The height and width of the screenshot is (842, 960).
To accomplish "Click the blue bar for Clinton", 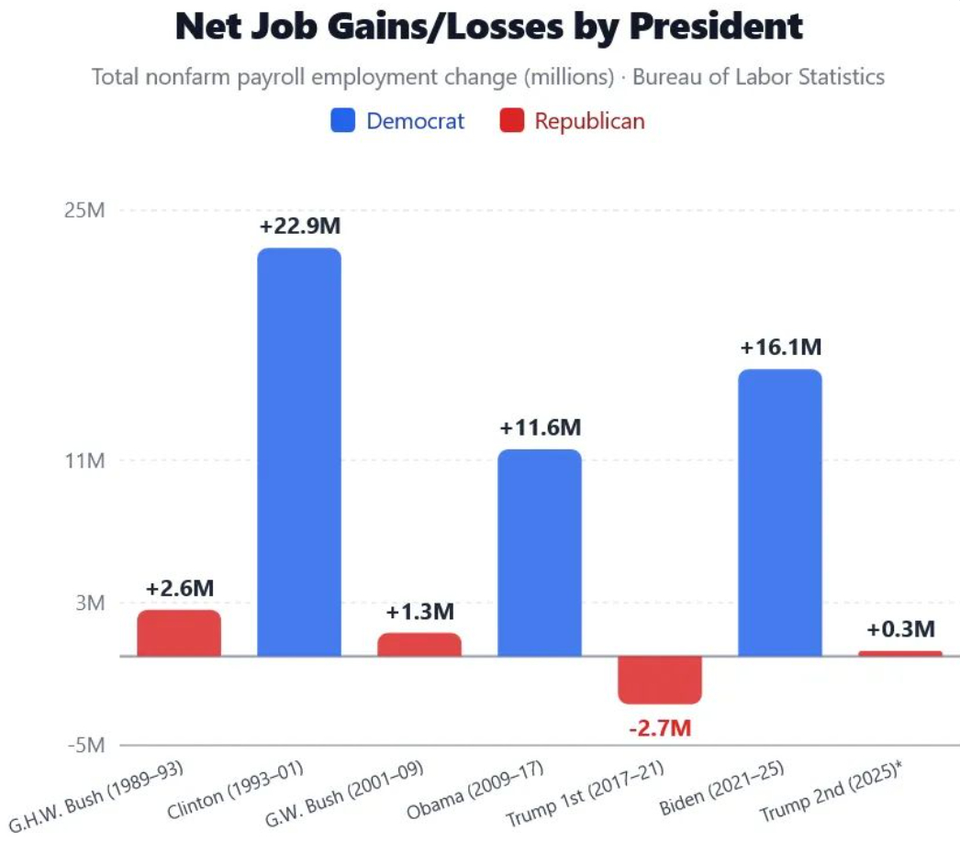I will click(299, 451).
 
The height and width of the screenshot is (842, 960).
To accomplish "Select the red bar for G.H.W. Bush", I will click(179, 633).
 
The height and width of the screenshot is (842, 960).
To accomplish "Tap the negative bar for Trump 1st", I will click(659, 680).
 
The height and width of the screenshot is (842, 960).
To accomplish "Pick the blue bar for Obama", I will click(539, 552).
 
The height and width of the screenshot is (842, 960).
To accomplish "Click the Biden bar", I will click(779, 512).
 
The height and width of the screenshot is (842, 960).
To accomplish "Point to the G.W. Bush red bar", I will click(419, 644).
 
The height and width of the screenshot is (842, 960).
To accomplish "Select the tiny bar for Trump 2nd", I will click(900, 653).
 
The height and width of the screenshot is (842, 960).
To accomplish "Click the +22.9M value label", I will click(299, 226).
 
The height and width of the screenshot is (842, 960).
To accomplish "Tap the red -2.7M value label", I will click(659, 729).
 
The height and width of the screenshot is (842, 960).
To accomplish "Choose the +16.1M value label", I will click(780, 348).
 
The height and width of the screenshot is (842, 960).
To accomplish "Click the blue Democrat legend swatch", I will click(342, 121).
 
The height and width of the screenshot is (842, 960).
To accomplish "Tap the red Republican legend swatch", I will click(511, 121).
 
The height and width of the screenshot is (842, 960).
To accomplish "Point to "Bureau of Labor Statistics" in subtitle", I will click(759, 76).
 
